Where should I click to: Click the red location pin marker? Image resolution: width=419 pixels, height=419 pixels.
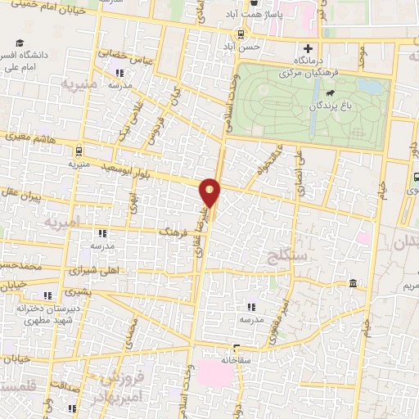[x=210, y=192]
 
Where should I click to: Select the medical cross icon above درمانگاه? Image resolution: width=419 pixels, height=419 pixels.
[x=308, y=48]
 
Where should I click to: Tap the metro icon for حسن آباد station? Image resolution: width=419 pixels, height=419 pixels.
[x=241, y=34]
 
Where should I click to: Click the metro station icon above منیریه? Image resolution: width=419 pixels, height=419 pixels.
[x=78, y=151]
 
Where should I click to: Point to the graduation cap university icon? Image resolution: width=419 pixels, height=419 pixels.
[x=18, y=43]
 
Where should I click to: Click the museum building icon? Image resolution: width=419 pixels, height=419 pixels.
[x=352, y=284]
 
